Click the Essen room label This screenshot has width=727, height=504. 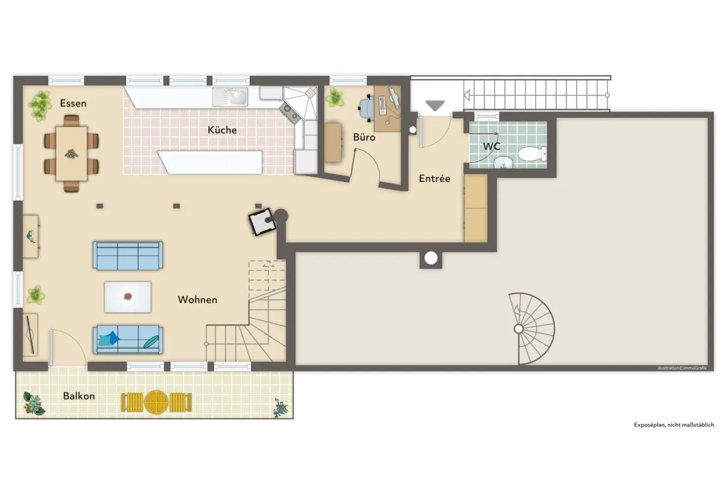point(73,103)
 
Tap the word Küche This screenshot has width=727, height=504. point(222,130)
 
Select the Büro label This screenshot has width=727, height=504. point(364,137)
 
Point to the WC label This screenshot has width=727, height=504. point(492,147)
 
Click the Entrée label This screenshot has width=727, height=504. point(435,178)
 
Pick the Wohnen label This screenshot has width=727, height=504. point(198,300)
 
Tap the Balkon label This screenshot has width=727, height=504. point(79,396)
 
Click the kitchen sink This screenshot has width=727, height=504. point(230,97)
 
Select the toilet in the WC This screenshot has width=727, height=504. point(532,154)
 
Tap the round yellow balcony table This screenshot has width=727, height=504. point(157,402)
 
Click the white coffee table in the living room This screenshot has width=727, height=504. point(128,297)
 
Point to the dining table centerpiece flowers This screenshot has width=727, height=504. point(71,154)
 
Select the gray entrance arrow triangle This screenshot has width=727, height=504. point(435,105)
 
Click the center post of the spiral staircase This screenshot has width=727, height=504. point(518,329)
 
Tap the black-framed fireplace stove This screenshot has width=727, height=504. point(262,221)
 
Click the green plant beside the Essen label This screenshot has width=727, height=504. point(40,105)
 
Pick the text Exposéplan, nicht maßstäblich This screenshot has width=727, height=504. point(674,425)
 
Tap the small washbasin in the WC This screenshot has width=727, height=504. point(503,161)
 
